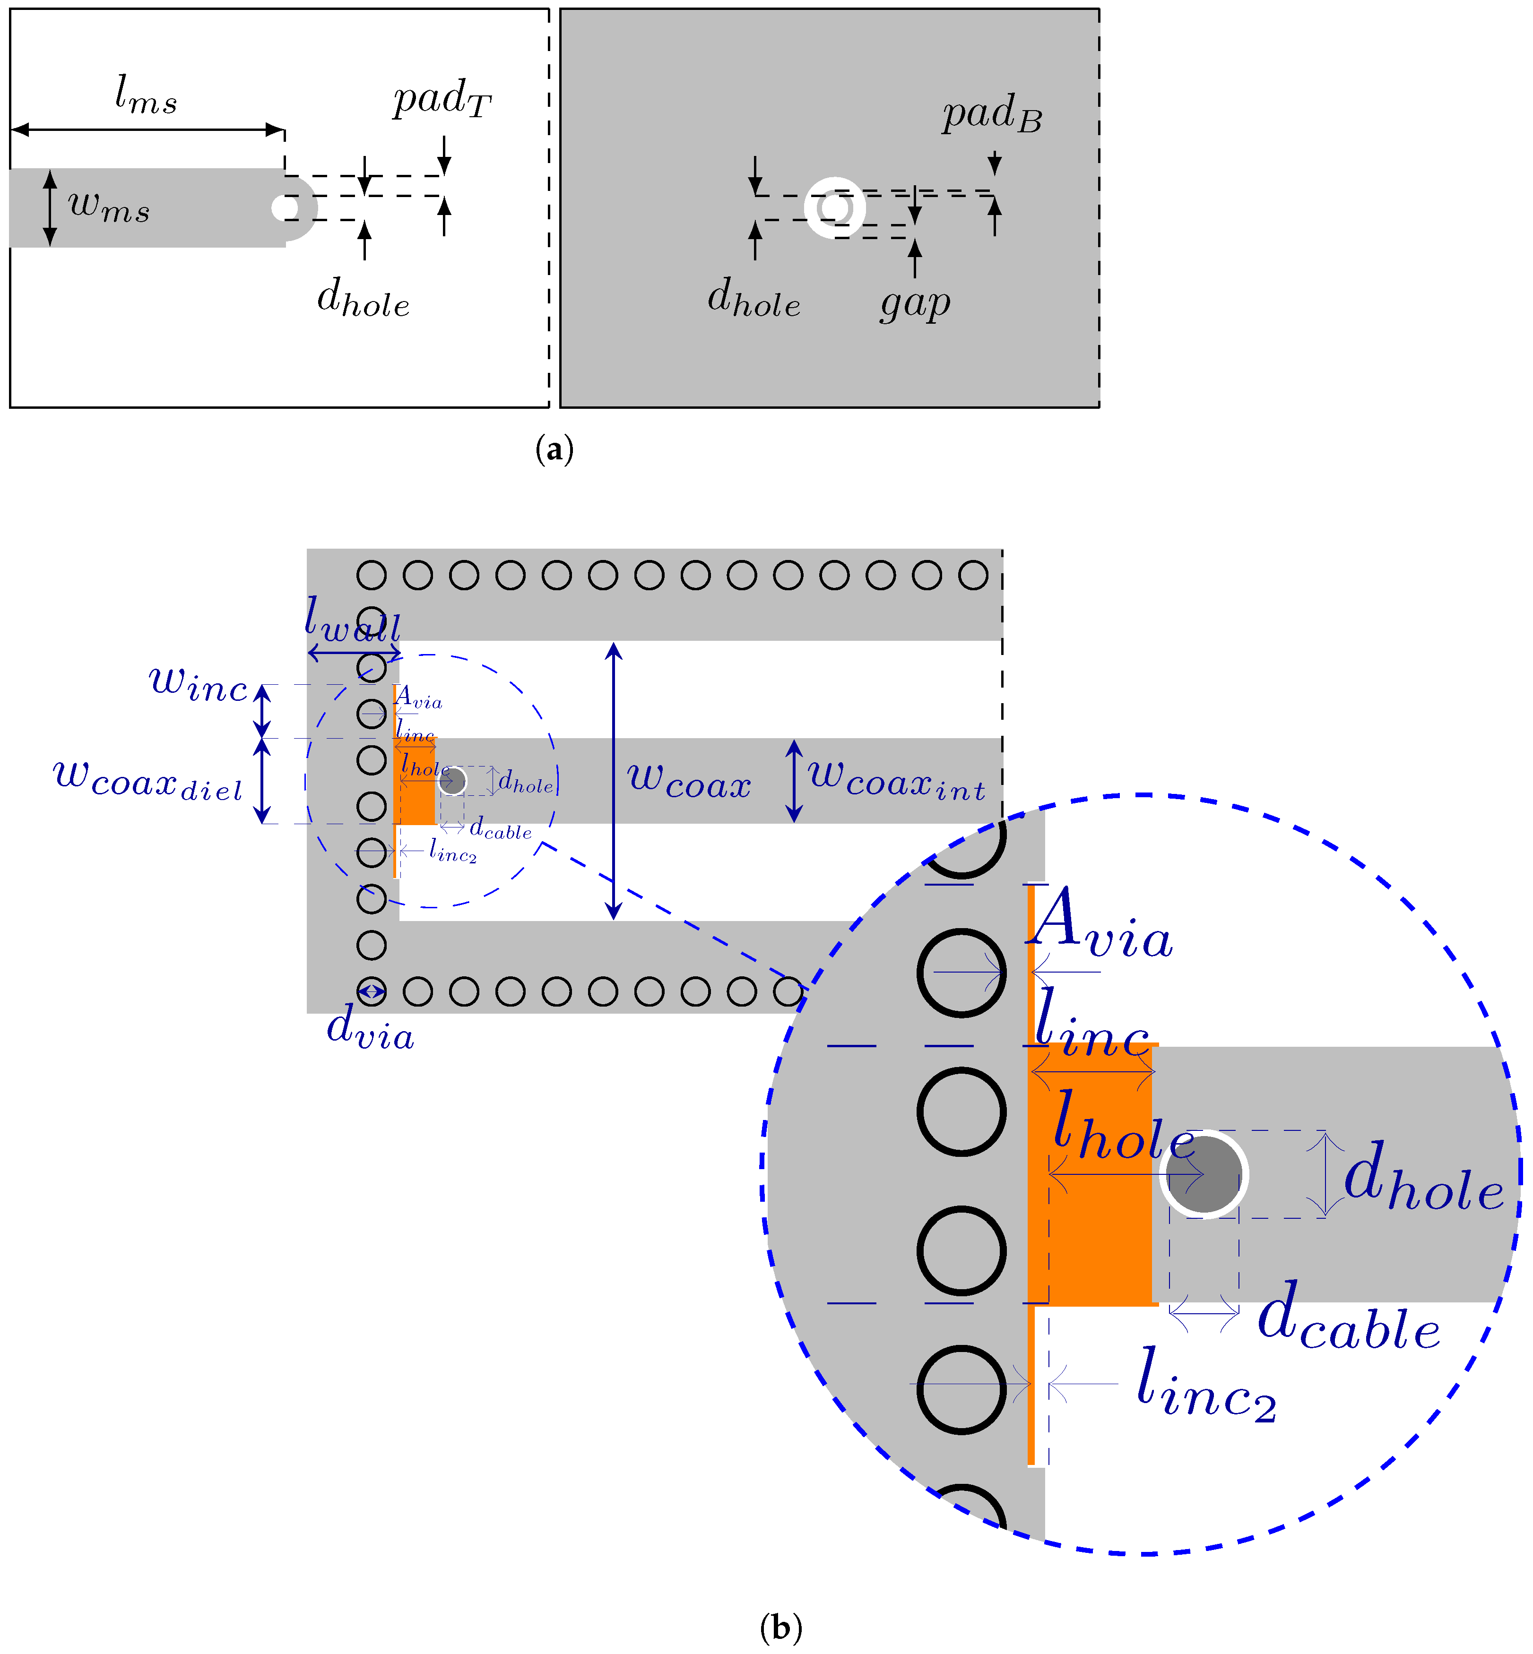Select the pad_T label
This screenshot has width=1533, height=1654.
(442, 100)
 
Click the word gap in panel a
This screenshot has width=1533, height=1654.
(915, 303)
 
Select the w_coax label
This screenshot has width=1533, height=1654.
(689, 781)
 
